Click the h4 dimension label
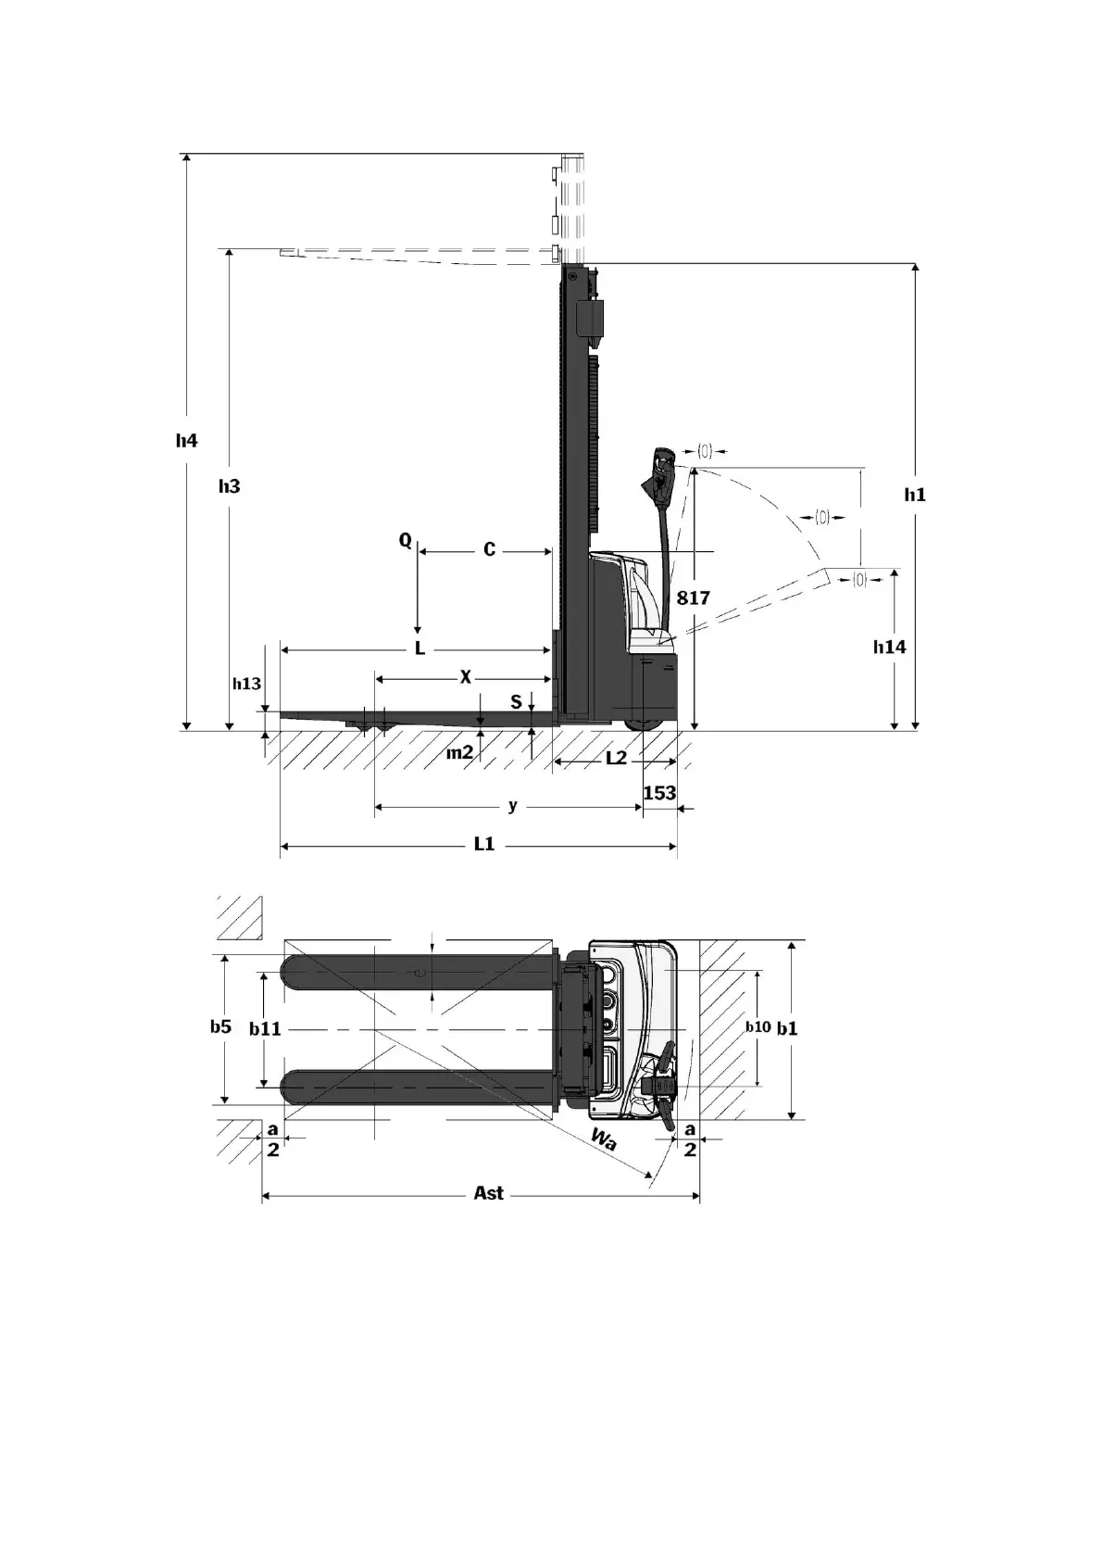pyautogui.click(x=187, y=441)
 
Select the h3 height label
pyautogui.click(x=230, y=486)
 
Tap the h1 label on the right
pyautogui.click(x=915, y=495)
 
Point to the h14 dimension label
pyautogui.click(x=890, y=647)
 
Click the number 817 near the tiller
pyautogui.click(x=693, y=598)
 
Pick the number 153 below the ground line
pyautogui.click(x=659, y=793)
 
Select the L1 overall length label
pyautogui.click(x=484, y=845)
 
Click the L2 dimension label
pyautogui.click(x=616, y=759)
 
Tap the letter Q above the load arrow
pyautogui.click(x=406, y=540)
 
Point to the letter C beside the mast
pyautogui.click(x=490, y=550)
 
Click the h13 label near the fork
pyautogui.click(x=246, y=684)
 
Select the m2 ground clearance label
pyautogui.click(x=459, y=753)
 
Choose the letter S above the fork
pyautogui.click(x=517, y=702)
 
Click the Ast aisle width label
pyautogui.click(x=489, y=1193)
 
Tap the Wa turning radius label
pyautogui.click(x=603, y=1139)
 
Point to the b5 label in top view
pyautogui.click(x=220, y=1026)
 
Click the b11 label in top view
pyautogui.click(x=266, y=1028)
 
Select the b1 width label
pyautogui.click(x=787, y=1027)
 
